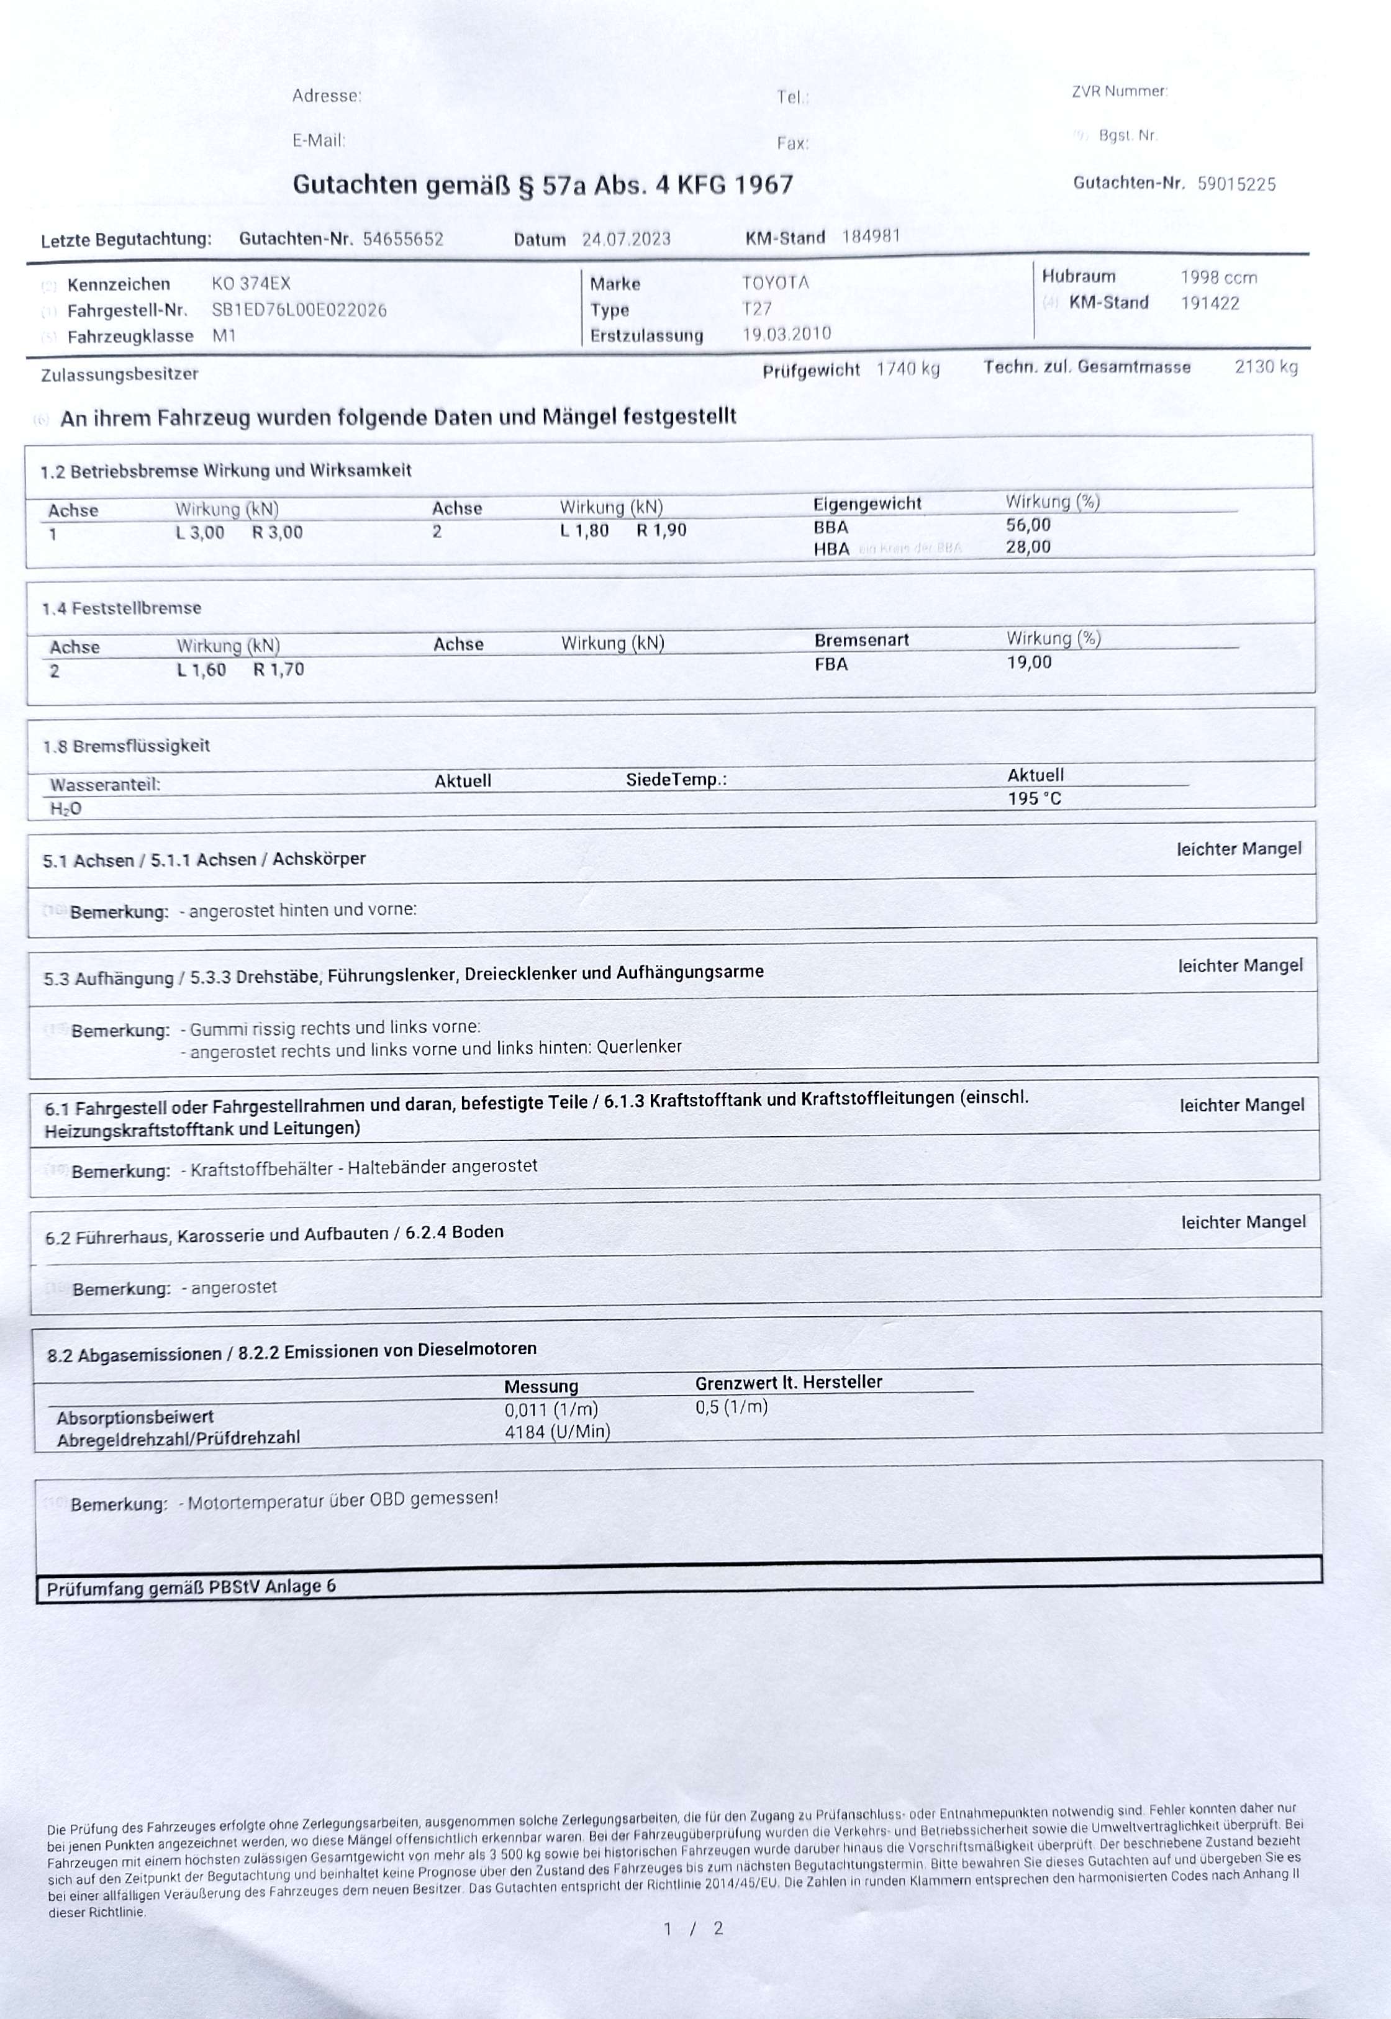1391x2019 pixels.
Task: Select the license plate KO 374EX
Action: [251, 283]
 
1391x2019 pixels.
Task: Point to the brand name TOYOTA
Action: [775, 282]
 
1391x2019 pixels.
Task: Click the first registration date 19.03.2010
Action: [786, 334]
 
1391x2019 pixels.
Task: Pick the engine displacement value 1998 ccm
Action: [1218, 278]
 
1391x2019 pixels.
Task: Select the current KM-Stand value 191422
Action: [1210, 303]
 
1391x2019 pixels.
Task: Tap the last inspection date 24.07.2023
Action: [626, 240]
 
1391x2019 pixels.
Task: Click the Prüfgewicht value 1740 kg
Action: [907, 369]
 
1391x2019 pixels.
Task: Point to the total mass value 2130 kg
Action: [1266, 367]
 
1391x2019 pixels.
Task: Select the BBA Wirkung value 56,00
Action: [1028, 525]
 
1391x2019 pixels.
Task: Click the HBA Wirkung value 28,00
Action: [1028, 547]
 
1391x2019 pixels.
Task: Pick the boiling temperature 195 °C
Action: [1035, 798]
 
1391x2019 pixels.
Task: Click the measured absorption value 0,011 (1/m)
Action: [551, 1410]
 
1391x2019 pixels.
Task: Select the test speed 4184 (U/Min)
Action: [557, 1432]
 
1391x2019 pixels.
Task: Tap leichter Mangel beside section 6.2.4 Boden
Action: [1243, 1222]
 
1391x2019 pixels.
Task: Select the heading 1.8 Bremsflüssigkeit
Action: [127, 746]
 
